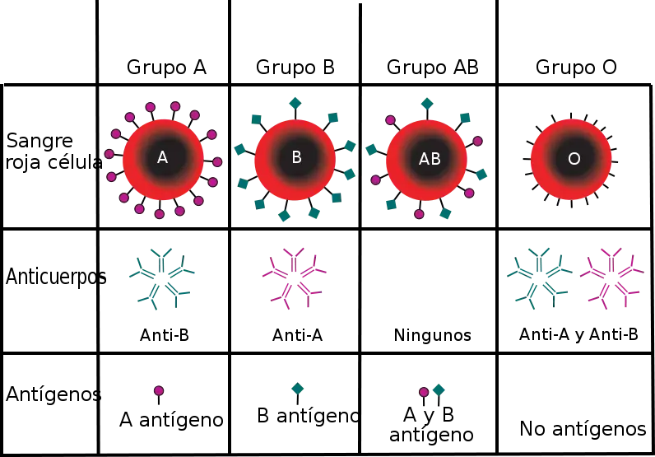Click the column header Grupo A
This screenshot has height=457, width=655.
coord(166,67)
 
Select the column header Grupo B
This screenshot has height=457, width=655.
coord(295,67)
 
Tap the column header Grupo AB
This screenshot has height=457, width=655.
coord(432,67)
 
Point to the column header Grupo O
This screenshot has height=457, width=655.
coord(576,67)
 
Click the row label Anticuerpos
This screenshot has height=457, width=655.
coord(56,277)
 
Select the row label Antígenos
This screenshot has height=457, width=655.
coord(53,394)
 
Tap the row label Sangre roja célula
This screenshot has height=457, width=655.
coord(53,152)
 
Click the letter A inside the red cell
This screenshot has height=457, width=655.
coord(162,157)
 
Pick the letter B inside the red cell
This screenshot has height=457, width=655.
coord(296,157)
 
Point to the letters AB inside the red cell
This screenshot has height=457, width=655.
coord(430,159)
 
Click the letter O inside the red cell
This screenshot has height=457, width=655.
coord(574,159)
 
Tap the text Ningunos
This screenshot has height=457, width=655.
coord(432,335)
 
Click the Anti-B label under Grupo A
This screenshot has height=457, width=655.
coord(165,335)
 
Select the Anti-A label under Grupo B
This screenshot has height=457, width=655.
coord(297,335)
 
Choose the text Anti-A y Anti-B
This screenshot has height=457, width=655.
coord(578,334)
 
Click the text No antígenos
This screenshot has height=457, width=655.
coord(583,428)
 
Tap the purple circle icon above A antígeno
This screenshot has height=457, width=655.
coord(159,391)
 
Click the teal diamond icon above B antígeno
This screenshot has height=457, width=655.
coord(297,389)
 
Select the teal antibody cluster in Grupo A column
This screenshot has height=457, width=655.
coord(161,279)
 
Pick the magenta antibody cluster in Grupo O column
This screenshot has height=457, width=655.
coord(612,278)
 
